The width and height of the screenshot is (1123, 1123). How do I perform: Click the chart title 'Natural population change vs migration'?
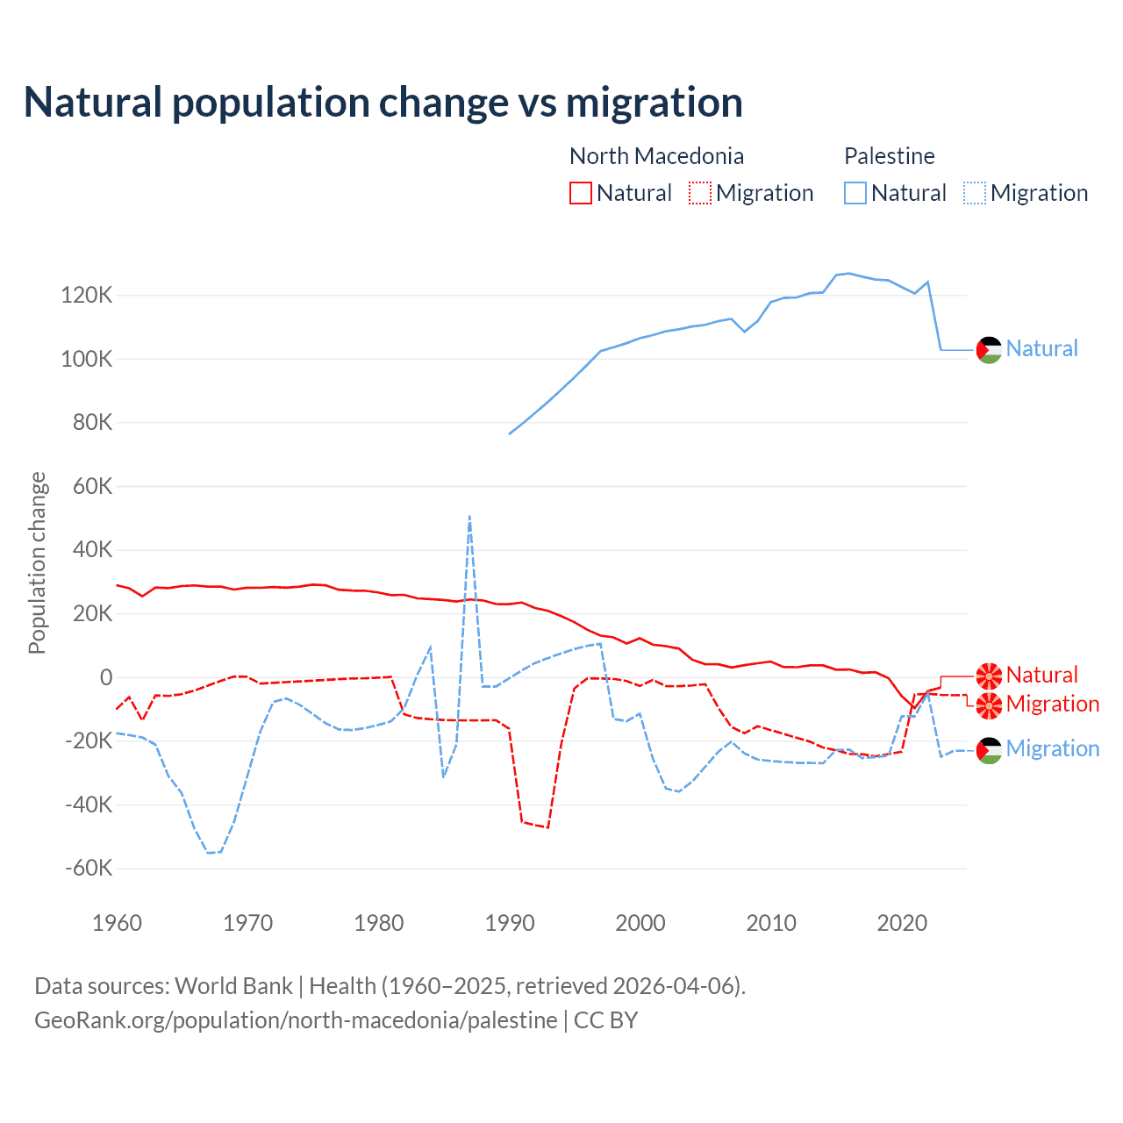point(383,103)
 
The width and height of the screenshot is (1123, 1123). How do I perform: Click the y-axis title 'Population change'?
point(37,562)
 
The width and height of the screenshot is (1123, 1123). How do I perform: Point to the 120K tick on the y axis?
point(87,296)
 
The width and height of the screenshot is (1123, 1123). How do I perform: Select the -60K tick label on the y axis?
point(89,869)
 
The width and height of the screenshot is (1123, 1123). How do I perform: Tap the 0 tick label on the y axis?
point(106,677)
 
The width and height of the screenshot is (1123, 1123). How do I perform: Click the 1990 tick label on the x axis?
point(510,923)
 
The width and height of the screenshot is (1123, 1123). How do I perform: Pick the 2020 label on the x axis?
point(902,923)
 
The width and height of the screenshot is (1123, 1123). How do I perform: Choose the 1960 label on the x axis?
point(118,923)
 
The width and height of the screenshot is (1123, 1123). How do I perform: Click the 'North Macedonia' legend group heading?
point(656,156)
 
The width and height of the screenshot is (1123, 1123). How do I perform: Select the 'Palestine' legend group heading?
point(889,156)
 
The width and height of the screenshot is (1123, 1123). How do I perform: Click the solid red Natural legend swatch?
point(581,193)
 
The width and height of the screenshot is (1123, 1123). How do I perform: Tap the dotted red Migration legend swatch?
point(700,193)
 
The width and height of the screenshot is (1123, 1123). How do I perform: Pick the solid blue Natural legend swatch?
point(855,193)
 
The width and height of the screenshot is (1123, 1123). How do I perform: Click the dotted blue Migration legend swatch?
point(975,193)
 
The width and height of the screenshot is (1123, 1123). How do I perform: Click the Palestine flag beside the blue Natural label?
point(989,349)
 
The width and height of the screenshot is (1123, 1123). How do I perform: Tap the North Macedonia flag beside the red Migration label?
point(989,705)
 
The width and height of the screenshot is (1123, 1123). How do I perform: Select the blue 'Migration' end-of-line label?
point(1053,748)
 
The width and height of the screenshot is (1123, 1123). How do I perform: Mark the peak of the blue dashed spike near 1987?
point(470,517)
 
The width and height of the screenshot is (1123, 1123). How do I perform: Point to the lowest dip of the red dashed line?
point(547,827)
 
